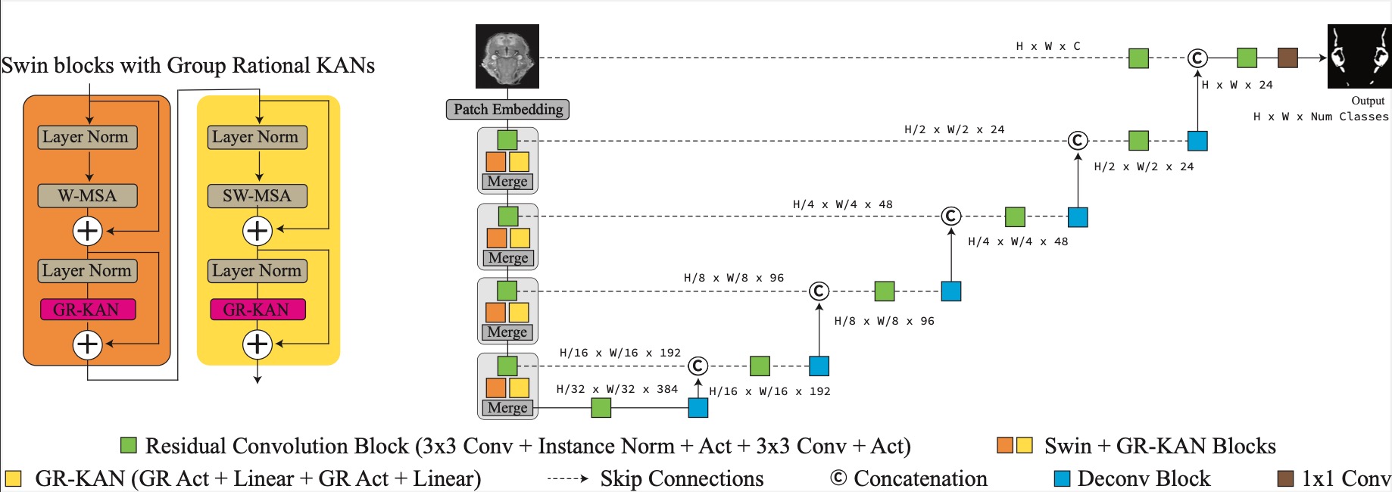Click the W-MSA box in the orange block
click(88, 196)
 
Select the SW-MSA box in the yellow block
click(257, 196)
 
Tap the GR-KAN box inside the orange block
click(88, 310)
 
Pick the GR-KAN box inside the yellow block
click(257, 310)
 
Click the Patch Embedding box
click(507, 110)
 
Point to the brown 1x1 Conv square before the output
click(1287, 58)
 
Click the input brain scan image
click(507, 56)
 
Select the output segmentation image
click(1359, 56)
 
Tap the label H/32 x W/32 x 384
click(617, 389)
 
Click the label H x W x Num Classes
click(1321, 117)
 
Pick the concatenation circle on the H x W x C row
click(1197, 58)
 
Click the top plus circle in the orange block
click(88, 231)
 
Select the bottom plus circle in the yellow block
click(257, 344)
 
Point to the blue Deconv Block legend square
click(1063, 478)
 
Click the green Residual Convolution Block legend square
click(129, 445)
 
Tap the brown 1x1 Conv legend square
click(1285, 478)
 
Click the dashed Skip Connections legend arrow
click(567, 478)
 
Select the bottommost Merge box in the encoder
click(507, 408)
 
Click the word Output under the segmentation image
click(1368, 101)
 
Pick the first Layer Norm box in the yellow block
click(257, 137)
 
